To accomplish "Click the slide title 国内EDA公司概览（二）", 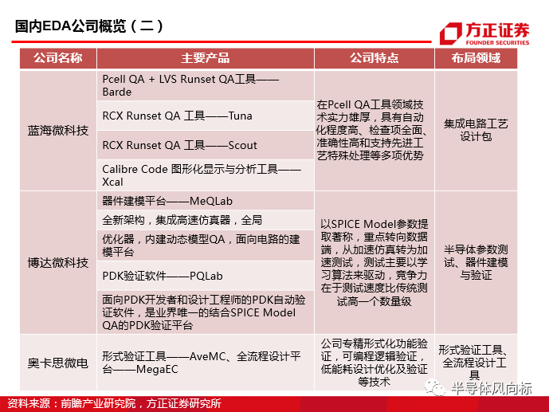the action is [x=89, y=26].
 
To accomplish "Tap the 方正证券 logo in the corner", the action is [x=484, y=34].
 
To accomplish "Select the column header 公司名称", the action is [x=58, y=58].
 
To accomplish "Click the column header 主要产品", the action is [x=205, y=58].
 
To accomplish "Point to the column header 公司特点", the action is [x=374, y=58].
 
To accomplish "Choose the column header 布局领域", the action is [x=476, y=58].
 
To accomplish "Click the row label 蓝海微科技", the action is [x=58, y=131].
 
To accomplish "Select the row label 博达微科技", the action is [x=58, y=262].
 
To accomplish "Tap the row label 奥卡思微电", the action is [x=58, y=363].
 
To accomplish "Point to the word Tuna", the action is [x=240, y=116].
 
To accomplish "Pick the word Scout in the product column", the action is [x=243, y=145].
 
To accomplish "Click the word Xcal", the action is [x=112, y=182].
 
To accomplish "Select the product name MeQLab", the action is [x=211, y=202].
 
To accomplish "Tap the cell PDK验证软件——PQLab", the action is [x=163, y=277].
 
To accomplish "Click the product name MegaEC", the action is [x=157, y=369].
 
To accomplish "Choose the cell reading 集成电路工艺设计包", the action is [x=476, y=130].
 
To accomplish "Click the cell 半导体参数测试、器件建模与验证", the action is [x=476, y=262].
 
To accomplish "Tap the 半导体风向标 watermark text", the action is [x=491, y=389].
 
